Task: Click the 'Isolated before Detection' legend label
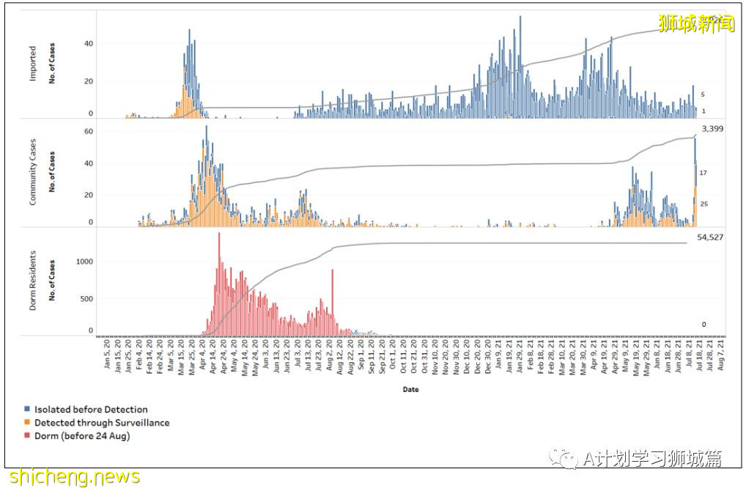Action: coord(91,410)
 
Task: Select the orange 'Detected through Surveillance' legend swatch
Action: coord(27,423)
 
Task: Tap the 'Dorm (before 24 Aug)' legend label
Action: coord(82,436)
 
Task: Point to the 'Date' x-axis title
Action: coord(410,390)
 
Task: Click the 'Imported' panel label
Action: coord(33,64)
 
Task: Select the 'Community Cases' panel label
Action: coord(33,173)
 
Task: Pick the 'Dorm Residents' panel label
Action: coord(33,283)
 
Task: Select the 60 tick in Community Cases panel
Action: coord(89,131)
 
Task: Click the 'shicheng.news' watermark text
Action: coord(71,477)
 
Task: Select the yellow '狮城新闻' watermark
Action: coord(696,24)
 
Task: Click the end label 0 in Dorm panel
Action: coord(703,325)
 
